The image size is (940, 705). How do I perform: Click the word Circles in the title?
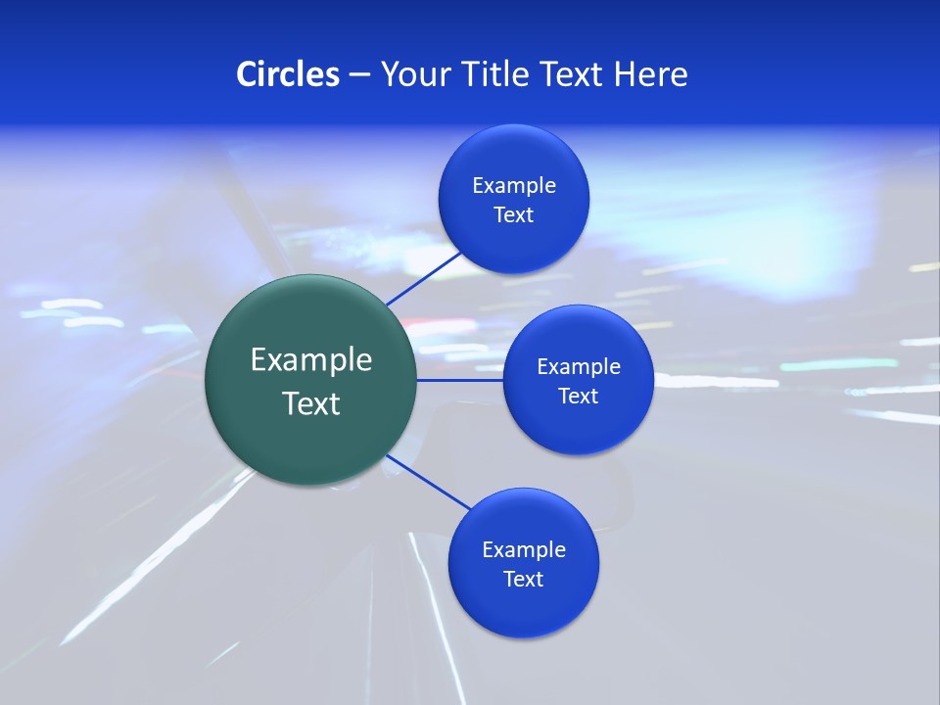[x=287, y=74]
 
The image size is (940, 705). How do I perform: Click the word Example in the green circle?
[x=311, y=360]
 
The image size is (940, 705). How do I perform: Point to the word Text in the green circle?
[x=311, y=403]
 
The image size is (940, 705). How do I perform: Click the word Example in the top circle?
[x=514, y=186]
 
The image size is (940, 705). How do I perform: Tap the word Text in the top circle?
[x=514, y=215]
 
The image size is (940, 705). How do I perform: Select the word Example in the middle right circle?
[x=579, y=367]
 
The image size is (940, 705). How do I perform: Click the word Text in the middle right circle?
[x=579, y=397]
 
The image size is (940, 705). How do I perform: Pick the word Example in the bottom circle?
[x=524, y=550]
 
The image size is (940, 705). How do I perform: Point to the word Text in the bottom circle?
[x=524, y=580]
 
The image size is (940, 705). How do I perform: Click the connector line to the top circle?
[x=424, y=277]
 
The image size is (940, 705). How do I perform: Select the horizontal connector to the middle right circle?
[x=460, y=380]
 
